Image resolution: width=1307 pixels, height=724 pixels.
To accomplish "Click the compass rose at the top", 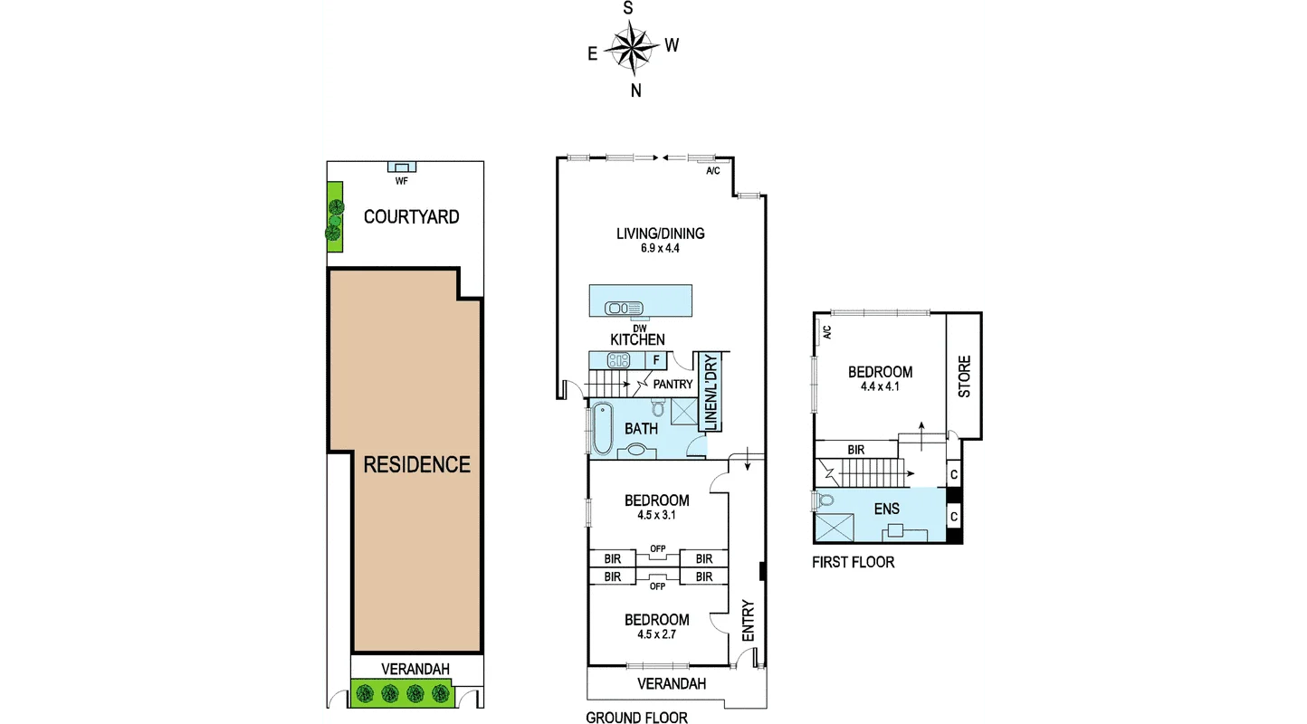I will point(633,47).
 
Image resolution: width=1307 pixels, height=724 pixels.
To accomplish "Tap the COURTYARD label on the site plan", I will point(411,217).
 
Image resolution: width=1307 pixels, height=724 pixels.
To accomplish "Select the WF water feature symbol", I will point(401,167).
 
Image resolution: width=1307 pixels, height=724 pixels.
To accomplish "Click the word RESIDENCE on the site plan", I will point(416,465).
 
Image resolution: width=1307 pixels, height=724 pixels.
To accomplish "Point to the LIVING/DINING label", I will point(660,233).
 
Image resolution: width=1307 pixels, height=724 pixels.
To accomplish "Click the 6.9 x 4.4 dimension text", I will point(660,249).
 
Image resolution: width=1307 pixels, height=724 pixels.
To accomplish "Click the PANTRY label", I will point(673,385).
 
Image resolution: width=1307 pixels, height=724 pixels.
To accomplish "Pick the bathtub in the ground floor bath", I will point(601,430).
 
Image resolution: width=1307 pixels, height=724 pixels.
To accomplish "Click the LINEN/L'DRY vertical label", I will point(711,394).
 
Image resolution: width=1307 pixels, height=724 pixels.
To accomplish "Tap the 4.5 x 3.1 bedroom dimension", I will point(656,516).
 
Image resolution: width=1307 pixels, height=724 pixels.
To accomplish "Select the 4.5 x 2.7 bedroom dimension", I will point(656,634).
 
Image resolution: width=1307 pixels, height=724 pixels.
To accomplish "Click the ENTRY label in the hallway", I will point(748,621).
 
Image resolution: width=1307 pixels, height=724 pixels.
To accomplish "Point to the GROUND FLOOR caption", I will point(636,718).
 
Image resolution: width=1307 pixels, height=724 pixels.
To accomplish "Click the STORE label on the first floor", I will point(964,376).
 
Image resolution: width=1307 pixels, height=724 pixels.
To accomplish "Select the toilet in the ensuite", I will point(825,500).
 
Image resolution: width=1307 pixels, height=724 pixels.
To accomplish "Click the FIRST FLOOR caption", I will point(853,562).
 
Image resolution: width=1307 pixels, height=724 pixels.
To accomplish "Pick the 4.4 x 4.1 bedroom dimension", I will point(880,386).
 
